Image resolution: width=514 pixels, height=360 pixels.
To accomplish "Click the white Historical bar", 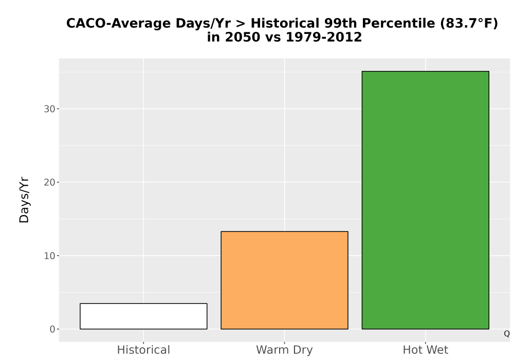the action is (x=143, y=316).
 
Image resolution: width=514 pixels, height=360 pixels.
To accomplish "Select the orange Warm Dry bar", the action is (x=285, y=280).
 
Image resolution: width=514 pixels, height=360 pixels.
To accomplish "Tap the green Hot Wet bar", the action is (x=426, y=200).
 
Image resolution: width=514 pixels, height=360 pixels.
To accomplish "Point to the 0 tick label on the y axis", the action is (x=52, y=329).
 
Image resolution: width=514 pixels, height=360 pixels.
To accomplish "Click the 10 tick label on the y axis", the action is (x=49, y=256).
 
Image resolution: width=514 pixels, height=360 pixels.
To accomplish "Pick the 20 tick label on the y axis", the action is (x=49, y=182).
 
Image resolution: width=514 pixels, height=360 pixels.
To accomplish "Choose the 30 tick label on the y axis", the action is (x=49, y=109).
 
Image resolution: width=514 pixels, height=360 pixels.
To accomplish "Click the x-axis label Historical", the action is (x=143, y=350).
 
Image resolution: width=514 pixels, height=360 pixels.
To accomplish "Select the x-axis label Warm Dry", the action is (x=285, y=350).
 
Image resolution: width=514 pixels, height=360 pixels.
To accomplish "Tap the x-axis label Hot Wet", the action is (x=426, y=350).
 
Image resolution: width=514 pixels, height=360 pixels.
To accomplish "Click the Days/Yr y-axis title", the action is (x=24, y=200).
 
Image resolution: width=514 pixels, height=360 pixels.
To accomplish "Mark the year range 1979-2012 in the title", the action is (x=324, y=37).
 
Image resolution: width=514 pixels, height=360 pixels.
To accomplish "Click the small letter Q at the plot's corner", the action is (x=507, y=334).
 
